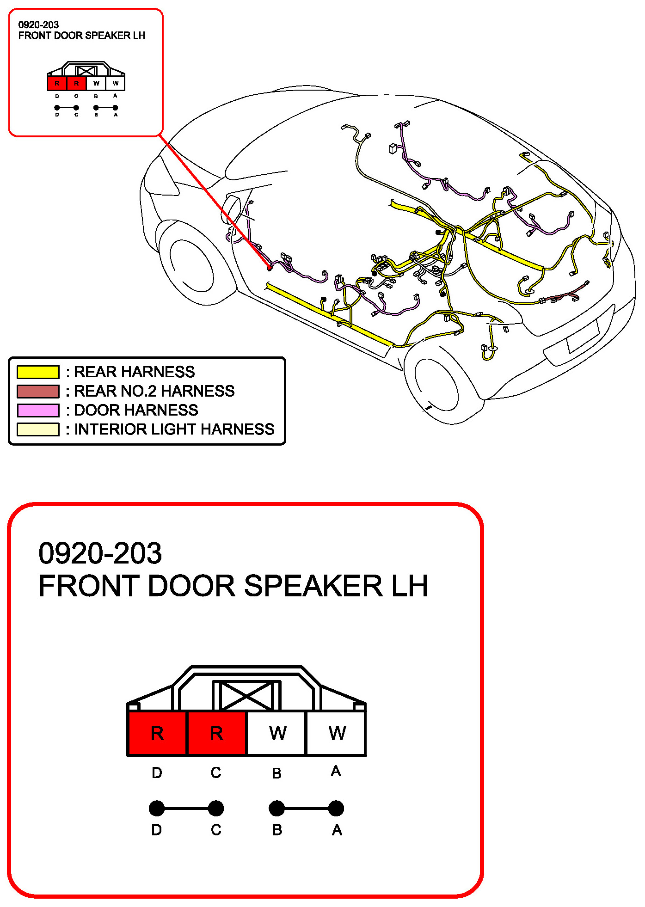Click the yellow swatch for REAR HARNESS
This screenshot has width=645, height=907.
click(x=38, y=372)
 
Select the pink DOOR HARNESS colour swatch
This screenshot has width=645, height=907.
click(x=38, y=410)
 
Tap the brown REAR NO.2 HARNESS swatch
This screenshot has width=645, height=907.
click(x=38, y=391)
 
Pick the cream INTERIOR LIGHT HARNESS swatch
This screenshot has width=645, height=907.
click(x=38, y=429)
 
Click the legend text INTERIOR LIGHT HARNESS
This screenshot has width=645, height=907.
click(x=174, y=429)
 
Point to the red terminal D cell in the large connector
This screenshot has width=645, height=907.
click(x=157, y=733)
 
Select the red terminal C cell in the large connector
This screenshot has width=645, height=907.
click(x=216, y=733)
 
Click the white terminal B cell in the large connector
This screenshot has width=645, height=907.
click(x=276, y=733)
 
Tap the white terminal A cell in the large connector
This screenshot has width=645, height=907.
click(x=336, y=733)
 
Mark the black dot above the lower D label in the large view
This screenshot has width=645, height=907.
click(x=157, y=809)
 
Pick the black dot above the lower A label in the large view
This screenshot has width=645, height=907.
click(x=336, y=809)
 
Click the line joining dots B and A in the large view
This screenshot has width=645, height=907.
click(x=306, y=809)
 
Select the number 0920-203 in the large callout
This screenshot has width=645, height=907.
click(x=100, y=553)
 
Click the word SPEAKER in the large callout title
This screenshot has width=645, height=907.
click(x=313, y=586)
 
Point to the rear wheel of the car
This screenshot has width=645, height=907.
click(x=436, y=384)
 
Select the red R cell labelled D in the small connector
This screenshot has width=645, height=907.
click(x=57, y=84)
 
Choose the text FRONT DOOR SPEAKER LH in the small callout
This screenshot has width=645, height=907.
click(x=81, y=36)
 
